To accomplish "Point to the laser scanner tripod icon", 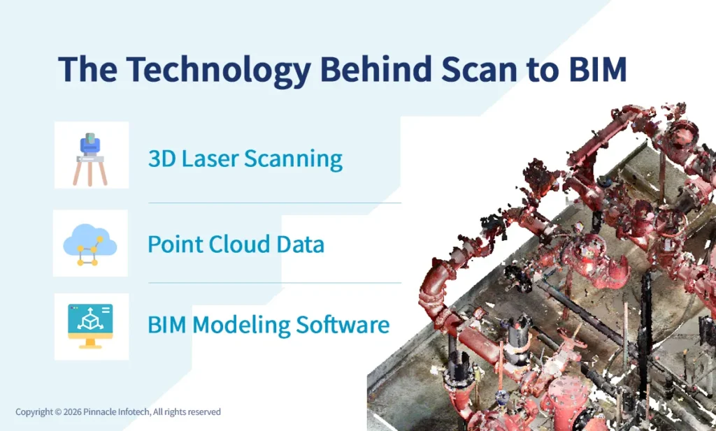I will point(91,156).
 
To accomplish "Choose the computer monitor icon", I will point(91,326).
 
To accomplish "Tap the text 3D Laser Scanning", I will point(245,159).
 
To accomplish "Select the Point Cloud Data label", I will point(236,244).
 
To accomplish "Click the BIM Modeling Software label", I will point(268,325).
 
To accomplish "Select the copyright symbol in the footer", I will point(58,412).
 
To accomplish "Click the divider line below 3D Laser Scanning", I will point(274,203).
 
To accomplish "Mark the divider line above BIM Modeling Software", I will point(274,283).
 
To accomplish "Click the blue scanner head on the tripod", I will point(91,145).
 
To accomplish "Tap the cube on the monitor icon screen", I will point(88,319).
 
